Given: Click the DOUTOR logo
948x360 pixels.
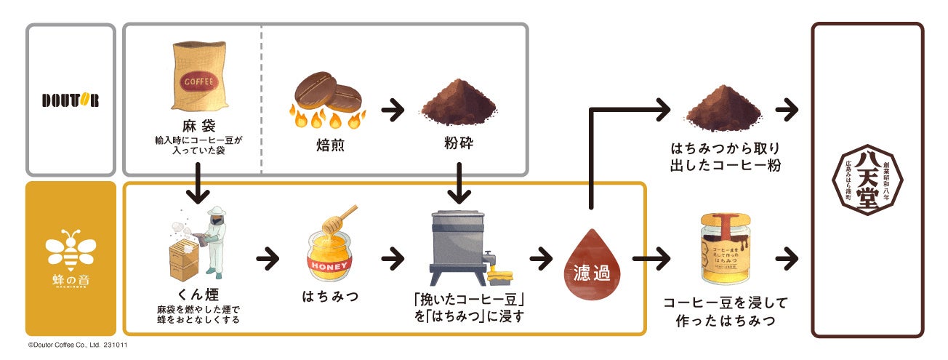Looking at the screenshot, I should [x=70, y=100].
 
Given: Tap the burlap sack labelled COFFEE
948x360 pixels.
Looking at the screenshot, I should [x=197, y=80].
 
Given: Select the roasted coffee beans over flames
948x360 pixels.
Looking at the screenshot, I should [x=327, y=99].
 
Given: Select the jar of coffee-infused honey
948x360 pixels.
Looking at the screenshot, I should [x=723, y=251].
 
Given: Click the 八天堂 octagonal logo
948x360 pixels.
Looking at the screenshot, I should [x=867, y=182].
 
